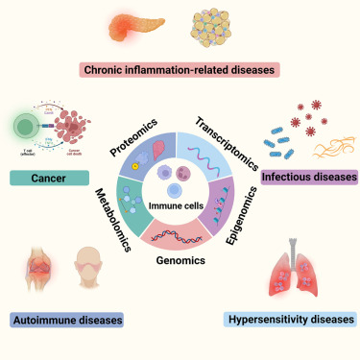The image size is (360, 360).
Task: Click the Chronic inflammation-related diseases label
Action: point(180,69)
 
